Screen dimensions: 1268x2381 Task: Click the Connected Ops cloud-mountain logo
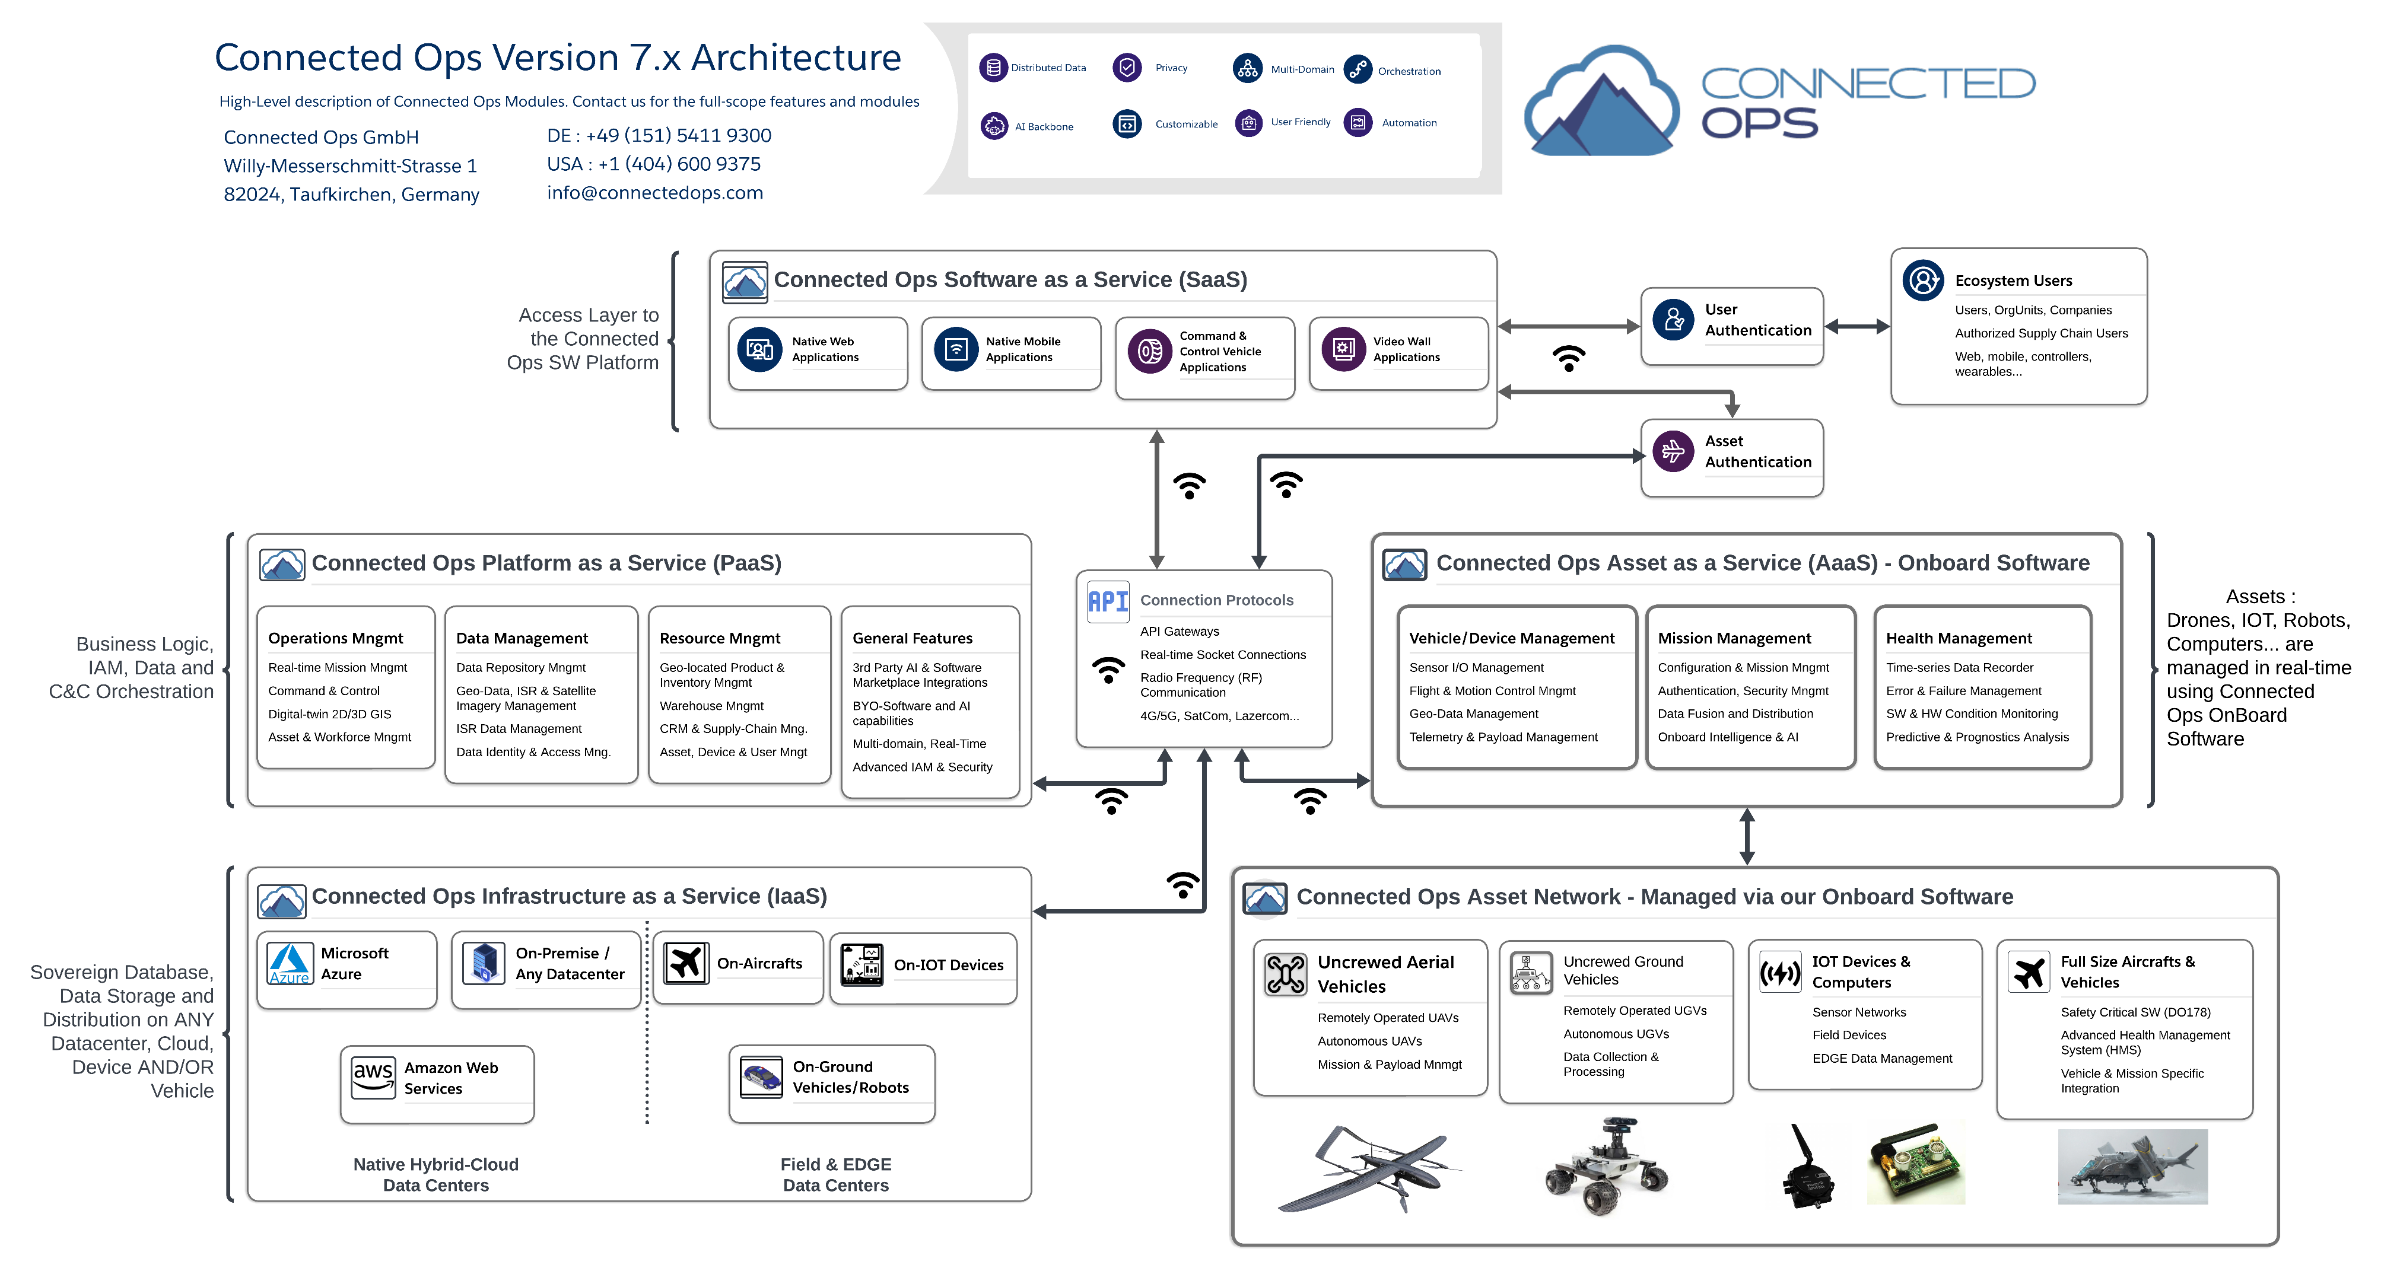pos(1601,101)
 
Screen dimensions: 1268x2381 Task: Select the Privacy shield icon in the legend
pos(1127,68)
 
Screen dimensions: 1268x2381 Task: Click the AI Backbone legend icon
pos(994,126)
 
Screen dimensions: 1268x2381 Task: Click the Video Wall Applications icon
pos(1343,349)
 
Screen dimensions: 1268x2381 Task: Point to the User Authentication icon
pos(1673,320)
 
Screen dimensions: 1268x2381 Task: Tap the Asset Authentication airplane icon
pos(1673,451)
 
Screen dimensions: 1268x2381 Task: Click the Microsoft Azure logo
pos(290,963)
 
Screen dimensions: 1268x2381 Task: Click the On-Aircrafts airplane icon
pos(686,963)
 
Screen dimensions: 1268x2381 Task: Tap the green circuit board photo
pos(1915,1164)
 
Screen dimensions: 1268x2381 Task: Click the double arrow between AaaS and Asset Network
pos(1746,836)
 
